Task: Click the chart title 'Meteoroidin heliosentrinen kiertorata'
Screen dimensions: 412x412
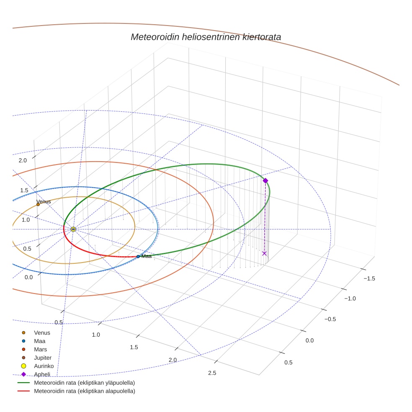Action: [206, 37]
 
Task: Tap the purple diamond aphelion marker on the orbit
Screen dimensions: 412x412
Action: [265, 180]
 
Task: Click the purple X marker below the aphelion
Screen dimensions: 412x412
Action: [264, 253]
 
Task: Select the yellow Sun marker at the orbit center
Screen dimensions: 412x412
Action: [73, 229]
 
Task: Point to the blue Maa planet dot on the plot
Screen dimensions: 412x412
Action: [138, 256]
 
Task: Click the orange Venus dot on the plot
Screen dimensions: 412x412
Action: [38, 204]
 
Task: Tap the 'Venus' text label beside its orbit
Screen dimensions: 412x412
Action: [44, 201]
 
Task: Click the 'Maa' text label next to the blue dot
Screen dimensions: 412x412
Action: [147, 256]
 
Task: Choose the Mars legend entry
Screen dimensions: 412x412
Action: [41, 349]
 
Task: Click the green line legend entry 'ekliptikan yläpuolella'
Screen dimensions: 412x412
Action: [84, 383]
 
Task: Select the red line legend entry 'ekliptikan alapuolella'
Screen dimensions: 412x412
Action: [84, 391]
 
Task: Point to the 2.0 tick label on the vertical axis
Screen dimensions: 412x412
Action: [23, 160]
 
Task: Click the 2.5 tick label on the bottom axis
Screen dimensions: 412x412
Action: [212, 373]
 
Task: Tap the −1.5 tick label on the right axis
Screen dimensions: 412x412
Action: [369, 278]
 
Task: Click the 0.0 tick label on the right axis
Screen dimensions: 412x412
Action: [309, 340]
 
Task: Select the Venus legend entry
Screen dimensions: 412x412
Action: [42, 332]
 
